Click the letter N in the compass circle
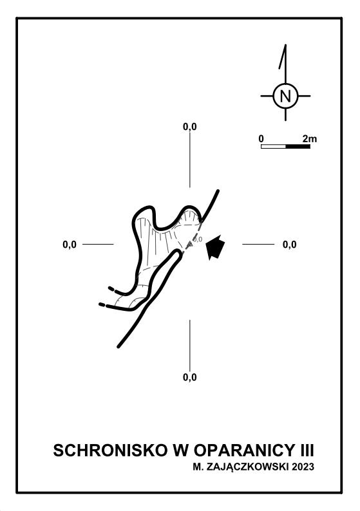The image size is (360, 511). [285, 96]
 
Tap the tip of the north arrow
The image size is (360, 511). [286, 44]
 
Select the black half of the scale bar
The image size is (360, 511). [298, 146]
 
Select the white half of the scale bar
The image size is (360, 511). [274, 146]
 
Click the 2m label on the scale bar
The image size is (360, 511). [309, 138]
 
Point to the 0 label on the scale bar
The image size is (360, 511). [261, 138]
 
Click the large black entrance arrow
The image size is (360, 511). [215, 246]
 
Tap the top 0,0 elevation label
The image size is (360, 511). [190, 127]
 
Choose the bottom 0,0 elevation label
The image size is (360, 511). [190, 377]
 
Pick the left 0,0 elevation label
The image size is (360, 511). [70, 244]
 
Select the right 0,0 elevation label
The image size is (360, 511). [290, 244]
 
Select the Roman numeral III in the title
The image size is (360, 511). [307, 451]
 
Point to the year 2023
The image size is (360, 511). [303, 467]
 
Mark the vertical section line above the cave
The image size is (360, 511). [190, 160]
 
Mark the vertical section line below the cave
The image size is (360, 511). [190, 346]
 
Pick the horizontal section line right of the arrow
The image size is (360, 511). [258, 244]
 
